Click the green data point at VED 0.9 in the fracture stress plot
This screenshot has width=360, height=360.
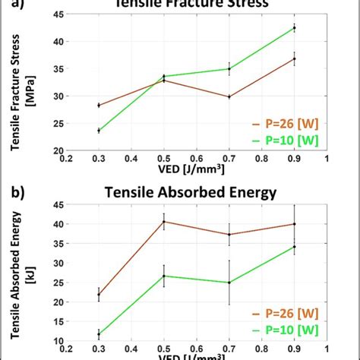294,27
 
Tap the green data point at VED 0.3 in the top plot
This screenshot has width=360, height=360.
99,131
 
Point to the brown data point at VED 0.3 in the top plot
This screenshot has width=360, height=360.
99,106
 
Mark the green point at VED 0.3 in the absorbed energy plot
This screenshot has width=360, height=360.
99,335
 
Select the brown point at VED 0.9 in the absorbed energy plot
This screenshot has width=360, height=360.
294,224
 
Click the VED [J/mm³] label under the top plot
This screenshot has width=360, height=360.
196,170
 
